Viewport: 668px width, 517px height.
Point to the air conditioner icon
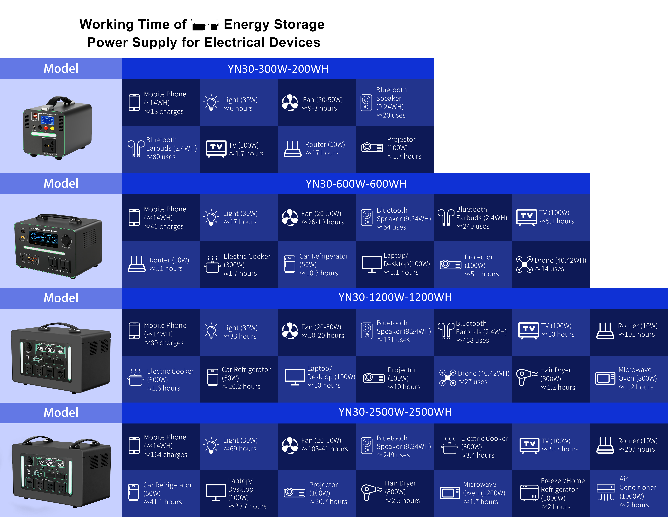click(606, 492)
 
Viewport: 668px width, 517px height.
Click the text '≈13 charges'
click(164, 112)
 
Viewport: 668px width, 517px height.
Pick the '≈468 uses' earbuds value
click(473, 340)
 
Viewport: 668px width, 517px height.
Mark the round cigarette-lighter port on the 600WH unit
click(66, 240)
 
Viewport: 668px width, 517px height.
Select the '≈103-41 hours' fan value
click(325, 449)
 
